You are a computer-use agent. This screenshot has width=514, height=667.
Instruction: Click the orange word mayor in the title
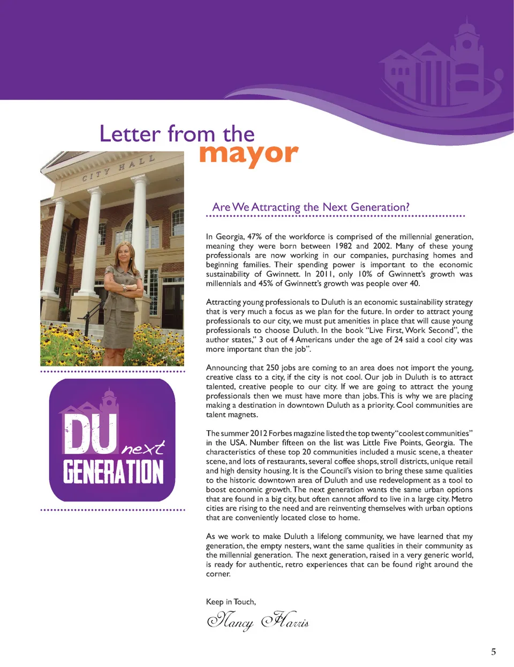[248, 154]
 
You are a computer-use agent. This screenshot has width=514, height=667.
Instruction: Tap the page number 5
[493, 651]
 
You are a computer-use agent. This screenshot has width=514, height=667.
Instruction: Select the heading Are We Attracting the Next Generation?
[311, 207]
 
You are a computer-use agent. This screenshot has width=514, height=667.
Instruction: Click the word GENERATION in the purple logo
[113, 471]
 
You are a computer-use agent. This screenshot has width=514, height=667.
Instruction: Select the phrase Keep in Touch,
[231, 602]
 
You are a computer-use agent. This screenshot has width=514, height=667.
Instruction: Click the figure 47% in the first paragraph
[254, 236]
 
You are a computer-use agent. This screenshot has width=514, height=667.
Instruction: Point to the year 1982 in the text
[343, 246]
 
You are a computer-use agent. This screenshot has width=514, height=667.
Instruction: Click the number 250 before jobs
[273, 368]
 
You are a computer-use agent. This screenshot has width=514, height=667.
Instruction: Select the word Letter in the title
[130, 133]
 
